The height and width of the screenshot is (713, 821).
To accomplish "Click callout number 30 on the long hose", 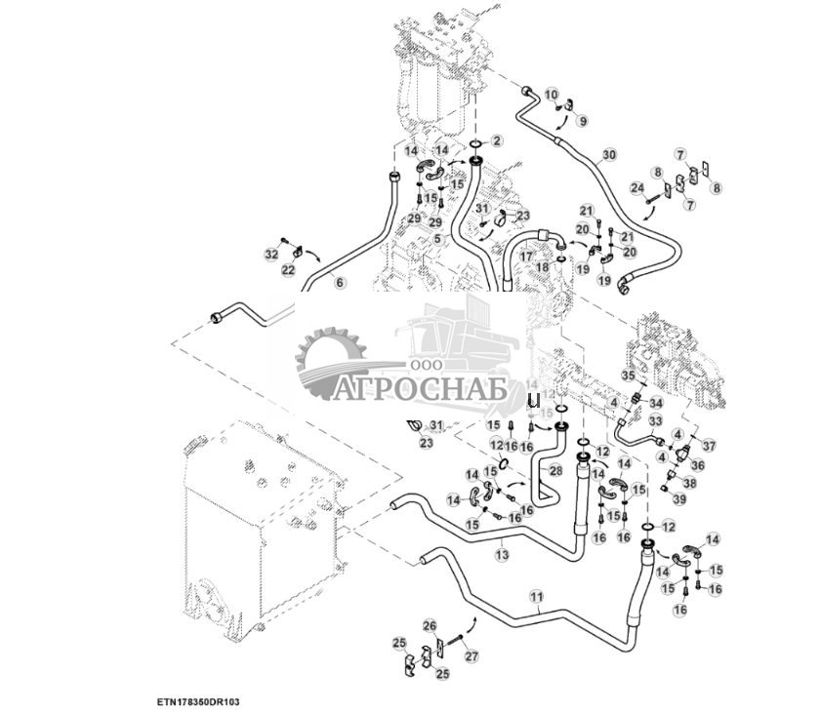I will click(609, 155).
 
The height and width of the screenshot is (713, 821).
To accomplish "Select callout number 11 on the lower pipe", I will click(536, 595).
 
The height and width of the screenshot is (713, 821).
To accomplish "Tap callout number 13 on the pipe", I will click(503, 554).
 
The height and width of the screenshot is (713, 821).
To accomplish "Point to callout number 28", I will click(555, 470).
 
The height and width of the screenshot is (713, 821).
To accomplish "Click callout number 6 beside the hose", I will click(340, 283).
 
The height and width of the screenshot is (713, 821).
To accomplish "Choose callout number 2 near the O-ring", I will click(496, 142).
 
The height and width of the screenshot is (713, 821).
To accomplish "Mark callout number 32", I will click(271, 254).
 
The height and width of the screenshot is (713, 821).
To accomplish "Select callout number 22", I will click(289, 270).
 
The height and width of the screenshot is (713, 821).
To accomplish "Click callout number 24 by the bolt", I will click(636, 187).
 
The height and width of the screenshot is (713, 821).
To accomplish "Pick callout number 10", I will click(552, 96).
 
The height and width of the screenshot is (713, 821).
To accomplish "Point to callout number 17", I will click(526, 256).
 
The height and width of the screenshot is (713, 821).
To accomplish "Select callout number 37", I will click(710, 446).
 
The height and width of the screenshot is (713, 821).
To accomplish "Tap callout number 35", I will click(630, 375).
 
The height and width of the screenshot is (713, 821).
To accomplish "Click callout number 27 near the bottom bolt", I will click(472, 656).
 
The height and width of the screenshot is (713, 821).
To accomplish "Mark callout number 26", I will click(430, 625).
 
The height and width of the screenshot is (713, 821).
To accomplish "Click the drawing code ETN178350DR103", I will click(199, 701).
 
